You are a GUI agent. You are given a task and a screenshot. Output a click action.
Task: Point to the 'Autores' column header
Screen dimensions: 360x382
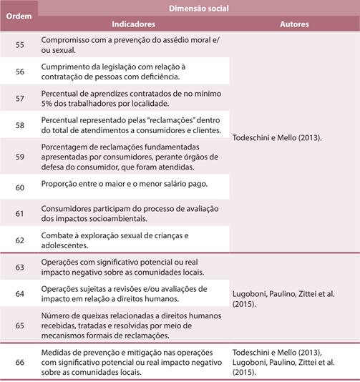click(294, 24)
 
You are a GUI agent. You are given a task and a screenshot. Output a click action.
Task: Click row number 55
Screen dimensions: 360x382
click(19, 44)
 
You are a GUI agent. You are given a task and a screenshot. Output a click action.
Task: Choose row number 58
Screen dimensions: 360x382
click(19, 124)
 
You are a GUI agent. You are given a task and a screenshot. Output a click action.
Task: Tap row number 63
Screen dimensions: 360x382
click(19, 267)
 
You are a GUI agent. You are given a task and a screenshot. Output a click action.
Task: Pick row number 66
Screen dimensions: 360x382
click(19, 363)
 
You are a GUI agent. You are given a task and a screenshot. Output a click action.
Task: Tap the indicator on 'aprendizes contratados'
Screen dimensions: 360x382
click(132, 98)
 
